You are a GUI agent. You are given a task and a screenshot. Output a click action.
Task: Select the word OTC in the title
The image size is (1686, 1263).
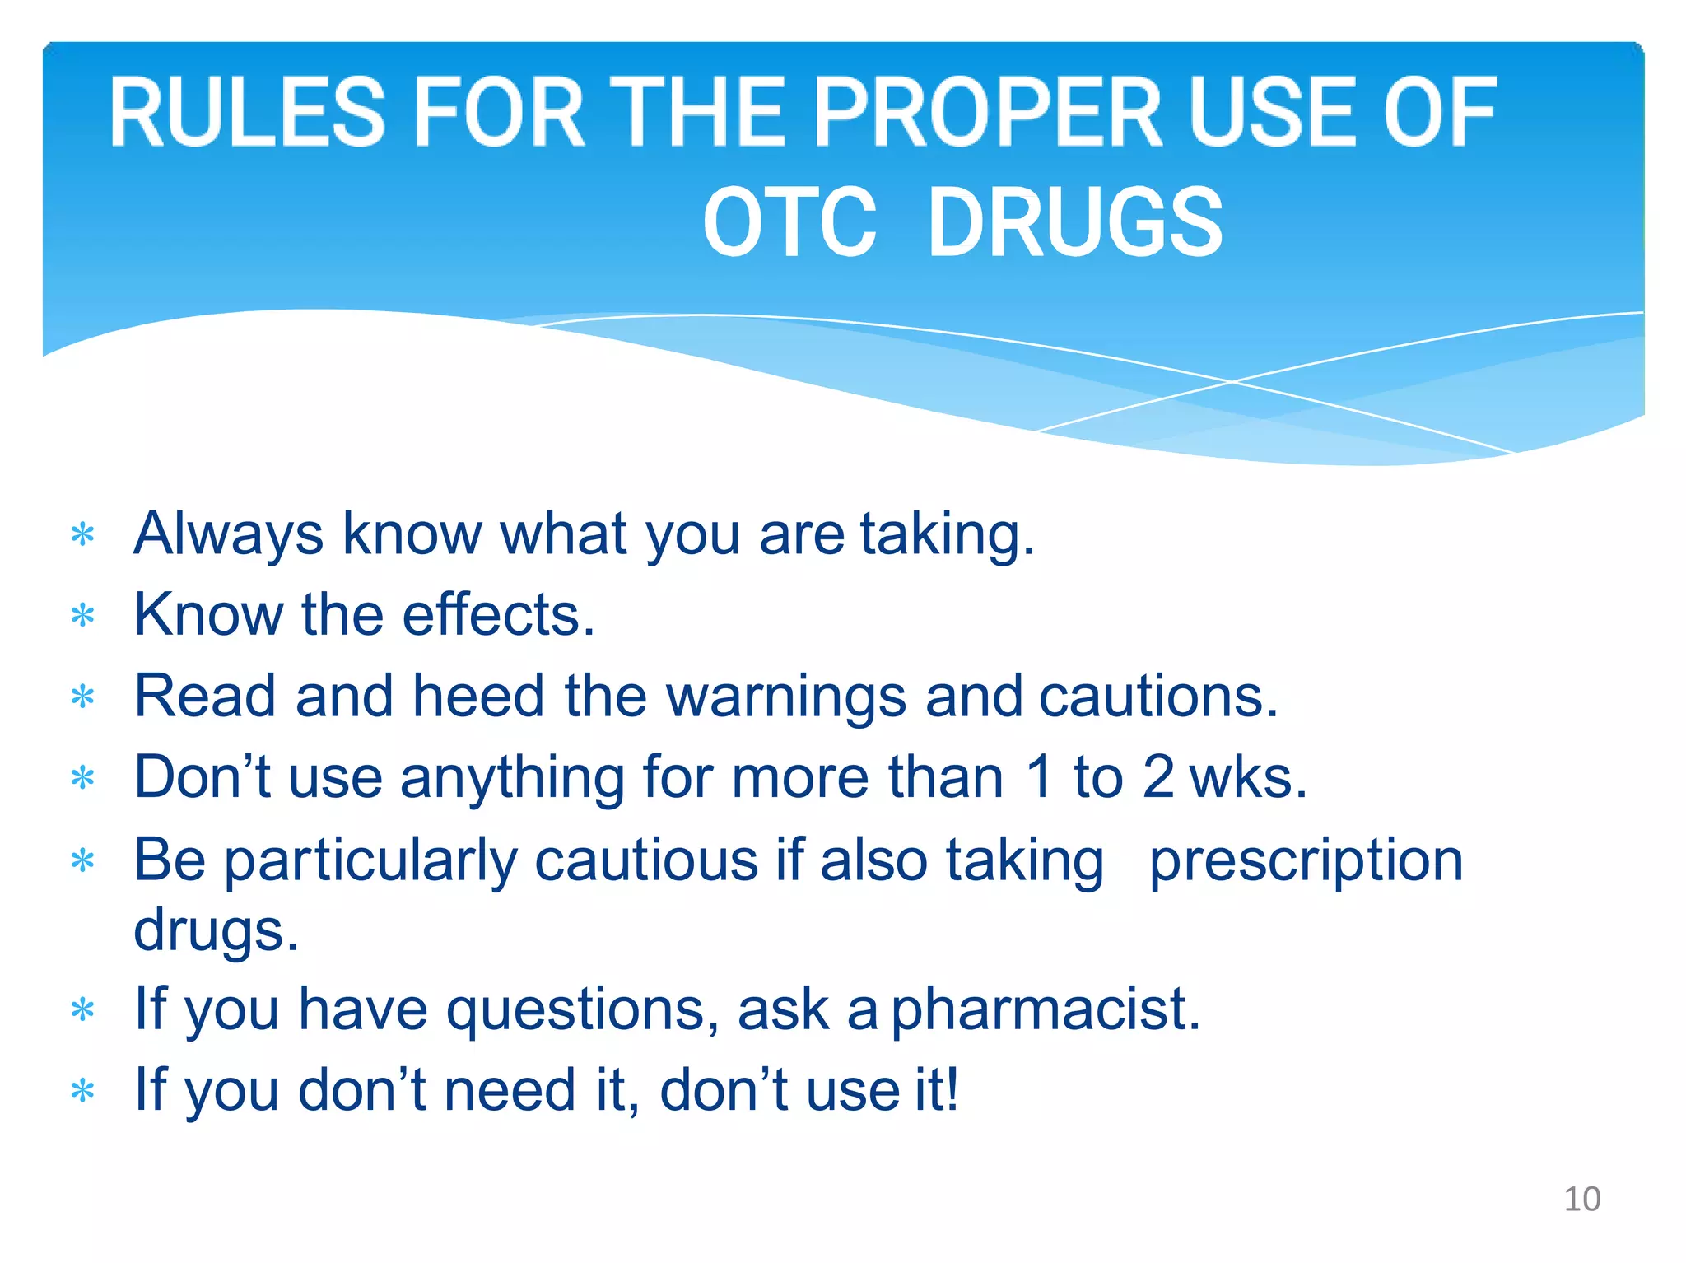coord(789,221)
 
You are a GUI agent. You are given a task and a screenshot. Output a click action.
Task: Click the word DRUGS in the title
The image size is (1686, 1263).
coord(1075,221)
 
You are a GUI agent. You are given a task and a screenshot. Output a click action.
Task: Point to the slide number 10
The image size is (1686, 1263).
coord(1581,1199)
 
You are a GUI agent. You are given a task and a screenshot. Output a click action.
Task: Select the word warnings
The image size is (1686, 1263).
coord(785,697)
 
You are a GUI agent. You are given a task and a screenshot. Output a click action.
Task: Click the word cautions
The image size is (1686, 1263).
coord(1157,697)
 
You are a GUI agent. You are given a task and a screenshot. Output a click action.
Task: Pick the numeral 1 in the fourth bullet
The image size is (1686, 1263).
coord(1039,777)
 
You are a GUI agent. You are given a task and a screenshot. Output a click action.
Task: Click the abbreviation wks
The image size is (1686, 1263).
coord(1247,777)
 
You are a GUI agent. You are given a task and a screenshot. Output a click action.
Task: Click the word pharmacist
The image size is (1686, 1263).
coord(1045,1009)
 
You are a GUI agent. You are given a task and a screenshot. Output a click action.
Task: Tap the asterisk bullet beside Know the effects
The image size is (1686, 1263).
coord(83,616)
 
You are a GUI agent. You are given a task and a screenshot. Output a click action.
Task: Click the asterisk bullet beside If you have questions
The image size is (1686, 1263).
coord(83,1010)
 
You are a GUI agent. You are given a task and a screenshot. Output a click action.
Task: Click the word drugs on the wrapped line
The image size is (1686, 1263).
coord(216,930)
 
